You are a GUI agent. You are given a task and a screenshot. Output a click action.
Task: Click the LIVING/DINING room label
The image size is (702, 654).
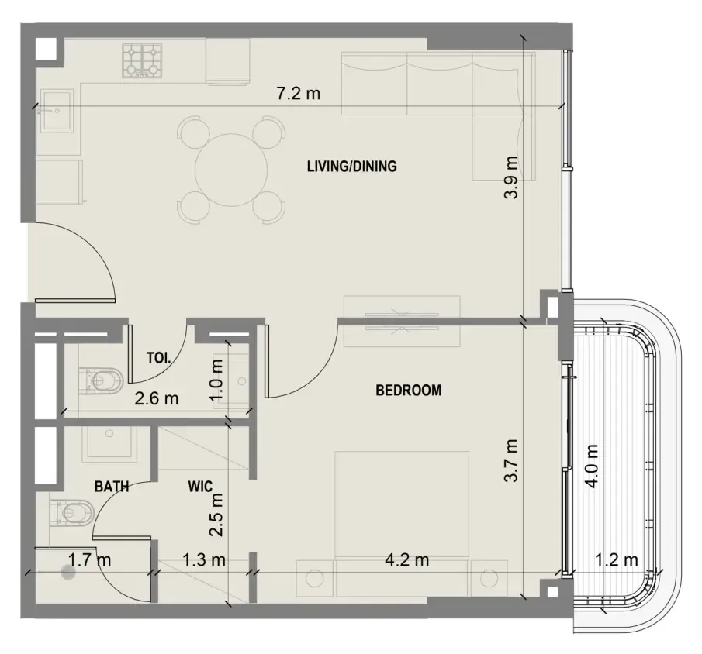point(352,167)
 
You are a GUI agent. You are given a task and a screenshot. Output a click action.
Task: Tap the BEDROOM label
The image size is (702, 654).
point(408,390)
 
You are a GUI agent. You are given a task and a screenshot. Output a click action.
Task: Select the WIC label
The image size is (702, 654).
point(200,487)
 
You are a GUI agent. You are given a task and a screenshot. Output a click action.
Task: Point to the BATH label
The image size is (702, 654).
point(112,487)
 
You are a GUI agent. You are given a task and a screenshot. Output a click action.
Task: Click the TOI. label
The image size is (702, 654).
point(158,357)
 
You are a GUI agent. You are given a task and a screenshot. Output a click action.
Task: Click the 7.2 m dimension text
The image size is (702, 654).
point(298,94)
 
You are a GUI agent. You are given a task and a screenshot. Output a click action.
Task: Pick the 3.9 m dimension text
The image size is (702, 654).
point(511,177)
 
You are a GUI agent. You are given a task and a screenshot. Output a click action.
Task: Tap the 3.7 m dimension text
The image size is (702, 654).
point(511,460)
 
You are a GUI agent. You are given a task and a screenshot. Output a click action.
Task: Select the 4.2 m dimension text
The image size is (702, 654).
point(407,559)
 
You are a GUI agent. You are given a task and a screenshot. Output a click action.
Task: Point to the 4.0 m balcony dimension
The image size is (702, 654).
point(592,466)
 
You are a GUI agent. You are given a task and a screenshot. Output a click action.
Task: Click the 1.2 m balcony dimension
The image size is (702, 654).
point(617,559)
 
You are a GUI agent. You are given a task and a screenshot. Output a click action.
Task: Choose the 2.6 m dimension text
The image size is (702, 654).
point(157,398)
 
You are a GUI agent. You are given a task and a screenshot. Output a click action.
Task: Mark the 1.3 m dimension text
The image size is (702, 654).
point(204,559)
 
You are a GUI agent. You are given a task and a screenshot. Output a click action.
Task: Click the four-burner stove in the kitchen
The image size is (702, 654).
point(143,61)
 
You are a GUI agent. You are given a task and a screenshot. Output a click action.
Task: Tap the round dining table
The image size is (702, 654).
point(231,170)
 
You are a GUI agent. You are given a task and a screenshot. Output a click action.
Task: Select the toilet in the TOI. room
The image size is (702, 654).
point(101,381)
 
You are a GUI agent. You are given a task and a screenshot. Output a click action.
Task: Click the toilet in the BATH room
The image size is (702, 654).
point(72,513)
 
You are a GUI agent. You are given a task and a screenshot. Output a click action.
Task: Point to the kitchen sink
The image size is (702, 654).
point(57,111)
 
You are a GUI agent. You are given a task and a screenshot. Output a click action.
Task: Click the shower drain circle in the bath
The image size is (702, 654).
point(68,572)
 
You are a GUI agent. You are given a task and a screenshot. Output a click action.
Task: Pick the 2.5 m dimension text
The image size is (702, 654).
point(216,515)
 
